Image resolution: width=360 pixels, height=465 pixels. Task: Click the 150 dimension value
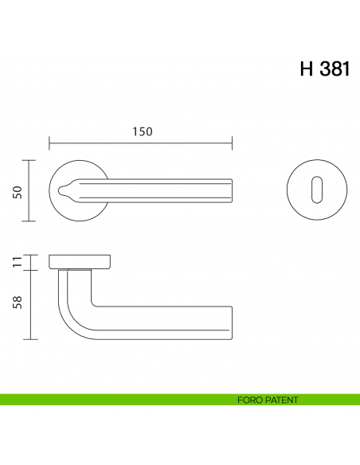pos(141,131)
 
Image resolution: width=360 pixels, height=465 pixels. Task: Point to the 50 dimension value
pos(18,191)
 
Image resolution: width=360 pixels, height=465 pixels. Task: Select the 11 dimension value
pos(18,263)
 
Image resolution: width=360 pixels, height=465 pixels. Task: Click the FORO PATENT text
pos(267,400)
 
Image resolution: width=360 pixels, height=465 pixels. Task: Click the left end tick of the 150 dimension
pos(49,144)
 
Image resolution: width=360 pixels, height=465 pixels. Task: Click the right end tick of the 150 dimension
pos(232,144)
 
